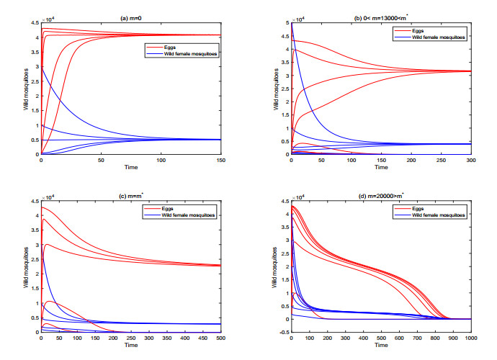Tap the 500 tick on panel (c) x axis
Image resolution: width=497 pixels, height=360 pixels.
220,338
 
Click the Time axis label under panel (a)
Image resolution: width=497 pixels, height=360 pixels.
130,168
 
